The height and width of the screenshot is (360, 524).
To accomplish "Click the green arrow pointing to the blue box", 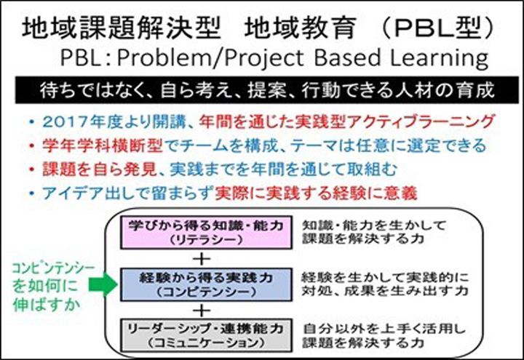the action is [x=103, y=284].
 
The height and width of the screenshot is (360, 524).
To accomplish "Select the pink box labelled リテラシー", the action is [x=206, y=233].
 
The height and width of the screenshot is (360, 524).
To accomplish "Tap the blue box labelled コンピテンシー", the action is [x=206, y=284].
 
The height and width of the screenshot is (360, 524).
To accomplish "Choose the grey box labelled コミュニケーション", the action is [x=206, y=335].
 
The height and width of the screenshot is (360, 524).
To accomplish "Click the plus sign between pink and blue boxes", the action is [x=202, y=259].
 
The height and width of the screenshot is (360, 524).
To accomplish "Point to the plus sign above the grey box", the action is [x=202, y=311].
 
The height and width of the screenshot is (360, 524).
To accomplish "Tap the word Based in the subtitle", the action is [x=347, y=57].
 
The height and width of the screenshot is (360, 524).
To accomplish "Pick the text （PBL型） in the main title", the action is [x=437, y=28].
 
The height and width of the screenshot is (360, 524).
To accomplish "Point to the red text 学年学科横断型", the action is [x=103, y=145].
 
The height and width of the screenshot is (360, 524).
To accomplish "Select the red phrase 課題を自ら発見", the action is [x=100, y=169].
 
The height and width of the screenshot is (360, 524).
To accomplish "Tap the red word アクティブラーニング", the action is [x=420, y=121].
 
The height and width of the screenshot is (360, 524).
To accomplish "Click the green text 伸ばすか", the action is [x=47, y=305].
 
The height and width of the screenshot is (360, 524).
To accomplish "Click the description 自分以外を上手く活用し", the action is [x=384, y=329].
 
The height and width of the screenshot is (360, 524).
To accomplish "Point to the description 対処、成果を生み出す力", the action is [x=385, y=291].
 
